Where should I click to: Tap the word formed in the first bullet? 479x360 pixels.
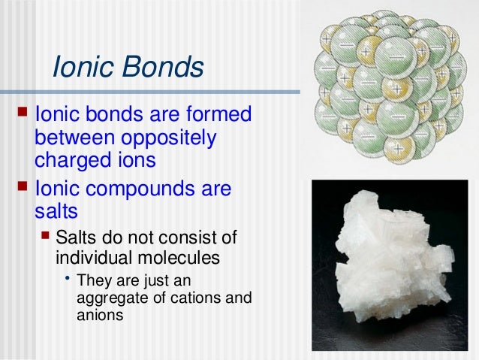point(218,116)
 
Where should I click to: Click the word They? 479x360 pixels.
point(92,283)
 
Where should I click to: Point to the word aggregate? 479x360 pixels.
point(108,299)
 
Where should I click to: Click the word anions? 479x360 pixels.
point(99,316)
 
